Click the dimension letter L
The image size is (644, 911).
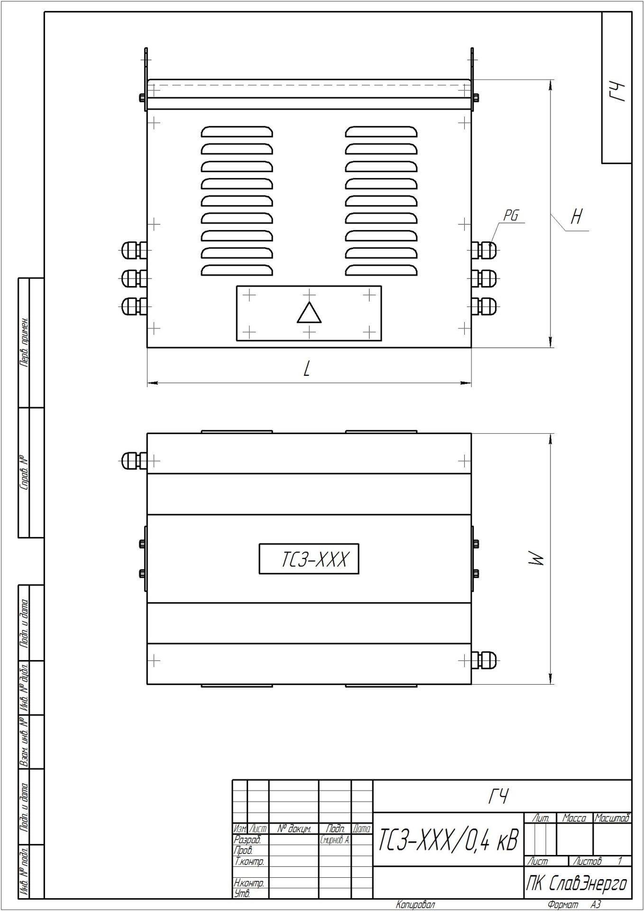tap(307, 368)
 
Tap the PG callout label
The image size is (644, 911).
tap(511, 216)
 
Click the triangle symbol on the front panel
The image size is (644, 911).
tap(309, 313)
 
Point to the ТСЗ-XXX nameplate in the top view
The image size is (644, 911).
tap(309, 559)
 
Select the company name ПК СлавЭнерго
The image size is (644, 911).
tap(577, 883)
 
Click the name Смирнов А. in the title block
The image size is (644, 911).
tap(335, 840)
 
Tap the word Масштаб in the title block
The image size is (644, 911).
tap(612, 818)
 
